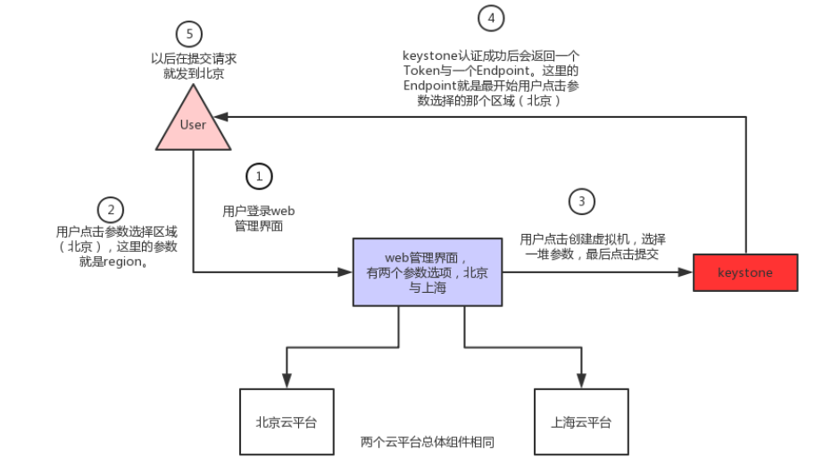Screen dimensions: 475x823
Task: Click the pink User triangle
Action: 193,124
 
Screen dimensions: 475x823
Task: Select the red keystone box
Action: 745,272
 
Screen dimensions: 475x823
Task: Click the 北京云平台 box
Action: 286,421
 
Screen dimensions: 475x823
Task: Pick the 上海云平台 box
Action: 581,421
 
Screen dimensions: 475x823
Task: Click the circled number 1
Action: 259,177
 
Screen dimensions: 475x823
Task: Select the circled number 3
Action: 582,202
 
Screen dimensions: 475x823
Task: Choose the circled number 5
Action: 188,35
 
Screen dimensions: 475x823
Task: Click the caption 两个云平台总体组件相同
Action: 427,442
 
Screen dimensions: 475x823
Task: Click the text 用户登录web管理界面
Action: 258,219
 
